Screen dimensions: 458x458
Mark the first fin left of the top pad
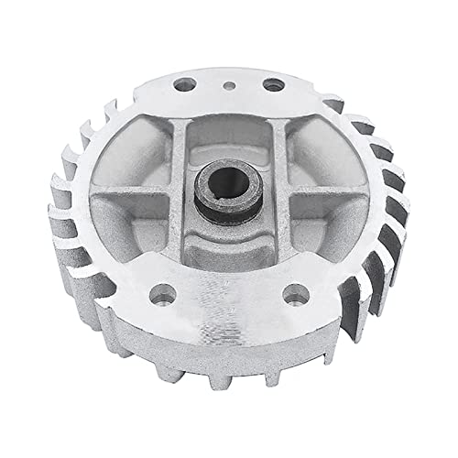(x=137, y=96)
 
